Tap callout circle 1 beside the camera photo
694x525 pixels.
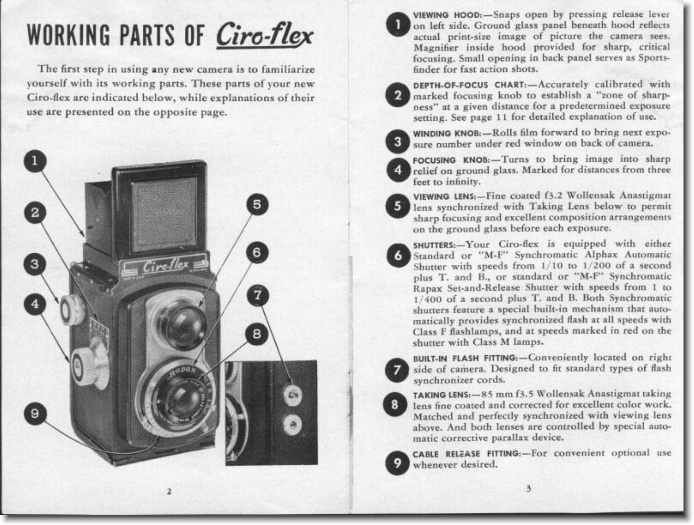coord(35,161)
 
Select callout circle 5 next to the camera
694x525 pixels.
coord(257,205)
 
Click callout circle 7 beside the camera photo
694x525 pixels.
coord(258,295)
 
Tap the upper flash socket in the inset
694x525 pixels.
coord(292,395)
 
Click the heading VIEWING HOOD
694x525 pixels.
coord(447,15)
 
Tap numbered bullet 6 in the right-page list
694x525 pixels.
coord(398,256)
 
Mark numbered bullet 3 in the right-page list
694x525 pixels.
coord(397,141)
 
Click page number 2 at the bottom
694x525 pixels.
coord(169,491)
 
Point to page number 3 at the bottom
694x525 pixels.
coord(529,489)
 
